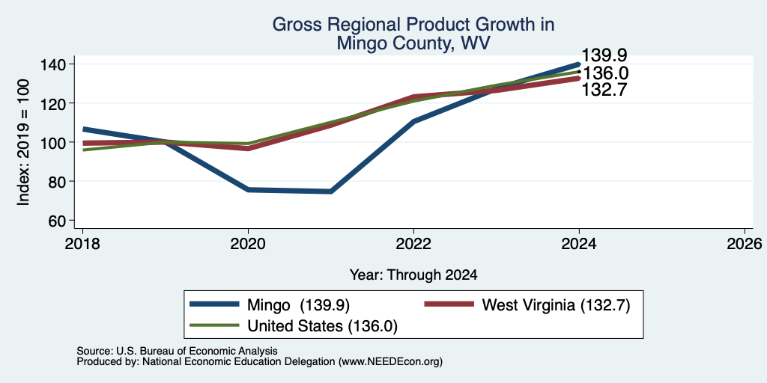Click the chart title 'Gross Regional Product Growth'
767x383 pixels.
[413, 25]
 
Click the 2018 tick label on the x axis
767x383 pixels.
[82, 243]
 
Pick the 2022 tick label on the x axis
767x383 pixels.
[413, 243]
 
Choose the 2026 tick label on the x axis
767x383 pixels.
[745, 243]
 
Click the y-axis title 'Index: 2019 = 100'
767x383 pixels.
[23, 142]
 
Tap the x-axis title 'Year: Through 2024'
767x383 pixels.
[413, 275]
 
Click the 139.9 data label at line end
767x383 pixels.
[604, 55]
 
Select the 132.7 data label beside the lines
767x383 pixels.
[604, 90]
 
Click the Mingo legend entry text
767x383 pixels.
[298, 305]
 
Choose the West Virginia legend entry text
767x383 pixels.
[557, 305]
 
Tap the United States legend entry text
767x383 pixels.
[322, 326]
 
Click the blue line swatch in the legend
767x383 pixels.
[214, 304]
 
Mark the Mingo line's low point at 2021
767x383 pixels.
[331, 191]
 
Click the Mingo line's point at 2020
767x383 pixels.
[249, 189]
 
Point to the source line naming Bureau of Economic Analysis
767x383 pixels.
[177, 351]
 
